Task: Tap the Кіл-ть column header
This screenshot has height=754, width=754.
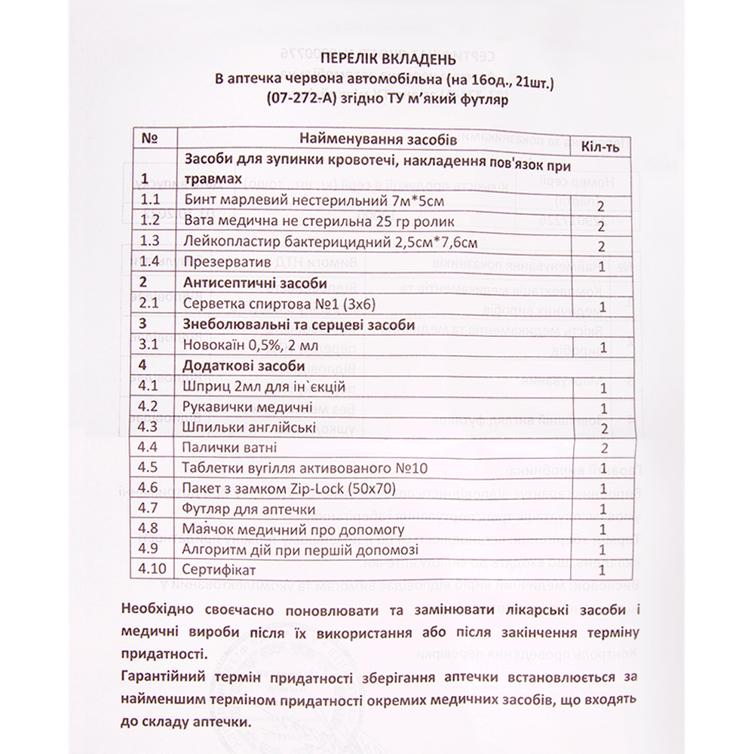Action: point(601,146)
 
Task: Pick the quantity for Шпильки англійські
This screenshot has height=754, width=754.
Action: point(602,428)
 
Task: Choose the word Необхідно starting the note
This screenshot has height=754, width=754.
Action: point(156,610)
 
